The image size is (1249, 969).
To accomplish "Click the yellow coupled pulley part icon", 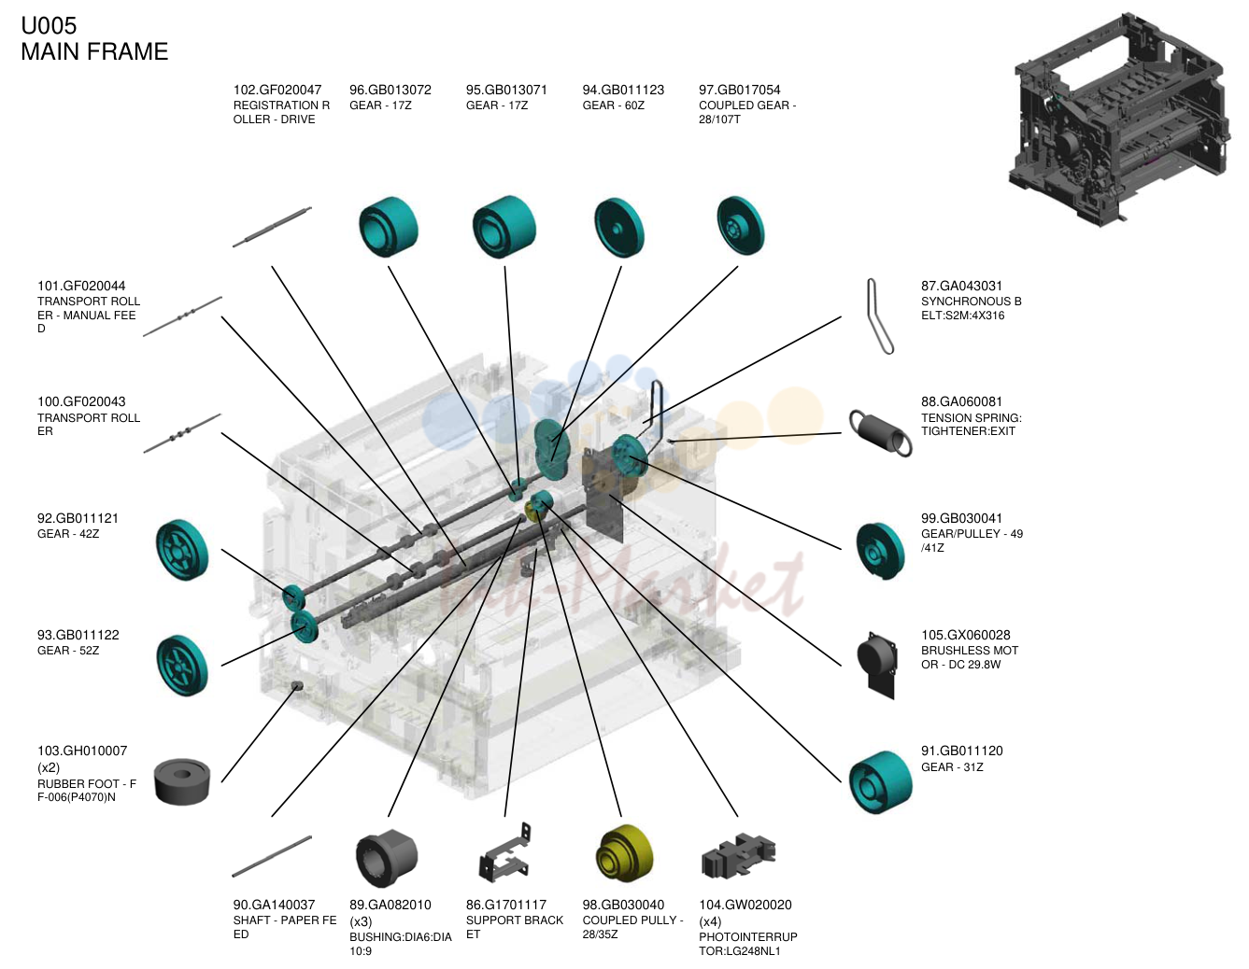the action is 624,855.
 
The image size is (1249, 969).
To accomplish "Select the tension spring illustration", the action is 880,432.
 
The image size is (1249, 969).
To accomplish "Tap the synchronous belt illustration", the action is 879,316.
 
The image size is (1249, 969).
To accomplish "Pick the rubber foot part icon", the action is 182,781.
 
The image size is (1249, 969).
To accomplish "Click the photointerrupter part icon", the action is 738,855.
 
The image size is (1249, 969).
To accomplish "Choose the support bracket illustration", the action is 504,853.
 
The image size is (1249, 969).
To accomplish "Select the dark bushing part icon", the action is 386,857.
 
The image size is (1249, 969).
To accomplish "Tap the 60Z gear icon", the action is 618,228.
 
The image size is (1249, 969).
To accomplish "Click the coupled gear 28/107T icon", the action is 740,225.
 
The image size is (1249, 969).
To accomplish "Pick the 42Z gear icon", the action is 181,550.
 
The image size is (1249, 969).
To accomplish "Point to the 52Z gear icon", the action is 181,666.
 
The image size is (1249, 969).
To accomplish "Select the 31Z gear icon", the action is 880,781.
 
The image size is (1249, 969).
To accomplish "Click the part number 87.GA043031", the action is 961,286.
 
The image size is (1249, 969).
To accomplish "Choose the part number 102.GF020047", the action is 277,91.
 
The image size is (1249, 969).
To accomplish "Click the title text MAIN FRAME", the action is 95,51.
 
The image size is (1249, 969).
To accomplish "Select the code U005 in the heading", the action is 49,26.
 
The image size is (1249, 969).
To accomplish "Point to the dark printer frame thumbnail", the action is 1120,119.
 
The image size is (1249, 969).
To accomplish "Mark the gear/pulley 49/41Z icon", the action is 880,551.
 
